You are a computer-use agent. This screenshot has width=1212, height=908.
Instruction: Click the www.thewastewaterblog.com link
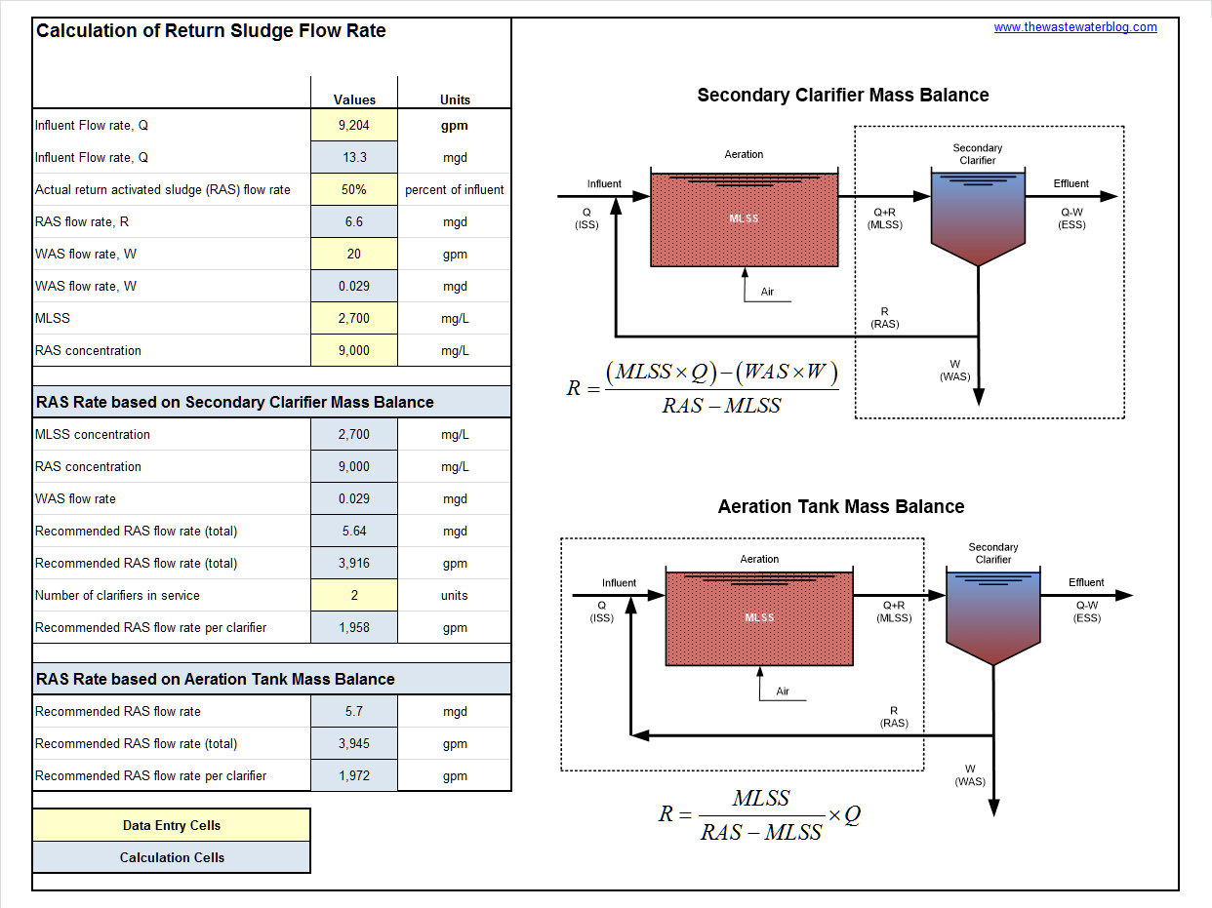(1075, 27)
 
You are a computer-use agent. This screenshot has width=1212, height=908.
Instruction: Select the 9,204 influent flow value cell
(354, 125)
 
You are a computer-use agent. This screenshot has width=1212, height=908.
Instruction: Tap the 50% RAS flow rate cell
(354, 189)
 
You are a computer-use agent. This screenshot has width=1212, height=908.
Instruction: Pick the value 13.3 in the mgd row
(354, 157)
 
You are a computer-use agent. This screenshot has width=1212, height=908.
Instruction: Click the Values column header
(354, 99)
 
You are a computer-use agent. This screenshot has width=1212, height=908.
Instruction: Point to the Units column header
(455, 99)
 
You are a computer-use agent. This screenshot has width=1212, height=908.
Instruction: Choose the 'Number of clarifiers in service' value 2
(354, 595)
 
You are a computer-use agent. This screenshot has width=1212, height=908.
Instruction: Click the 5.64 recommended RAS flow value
(354, 531)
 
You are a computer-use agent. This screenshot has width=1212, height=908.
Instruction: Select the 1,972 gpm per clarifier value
(354, 775)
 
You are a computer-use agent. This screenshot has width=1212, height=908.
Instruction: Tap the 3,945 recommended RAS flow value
(354, 743)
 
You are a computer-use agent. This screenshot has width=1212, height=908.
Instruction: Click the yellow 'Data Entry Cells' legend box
(172, 825)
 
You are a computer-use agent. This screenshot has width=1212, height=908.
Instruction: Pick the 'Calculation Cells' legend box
(172, 857)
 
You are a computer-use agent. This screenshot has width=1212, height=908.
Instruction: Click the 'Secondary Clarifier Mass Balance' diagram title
(843, 96)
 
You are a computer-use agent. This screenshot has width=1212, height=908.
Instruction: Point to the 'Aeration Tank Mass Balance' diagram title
(841, 507)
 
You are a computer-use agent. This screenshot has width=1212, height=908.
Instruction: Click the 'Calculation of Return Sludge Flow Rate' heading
(211, 31)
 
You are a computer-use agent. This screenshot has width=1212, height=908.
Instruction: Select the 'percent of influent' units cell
(455, 189)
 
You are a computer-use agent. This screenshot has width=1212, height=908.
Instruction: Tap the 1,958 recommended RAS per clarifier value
(354, 627)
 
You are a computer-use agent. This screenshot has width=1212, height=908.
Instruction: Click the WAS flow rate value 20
(354, 254)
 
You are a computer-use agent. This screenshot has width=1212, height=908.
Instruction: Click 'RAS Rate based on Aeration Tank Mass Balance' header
(216, 679)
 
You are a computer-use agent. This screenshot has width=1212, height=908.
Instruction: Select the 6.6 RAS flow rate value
(354, 221)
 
